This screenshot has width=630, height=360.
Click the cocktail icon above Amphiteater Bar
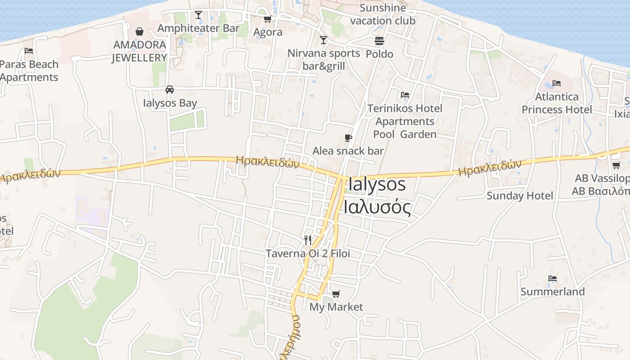coord(198,15)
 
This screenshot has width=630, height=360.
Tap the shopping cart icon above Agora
coord(267,19)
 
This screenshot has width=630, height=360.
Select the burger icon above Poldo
coord(379,41)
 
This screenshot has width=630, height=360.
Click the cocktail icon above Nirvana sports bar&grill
coord(323,40)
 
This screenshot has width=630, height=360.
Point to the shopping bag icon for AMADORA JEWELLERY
coord(139,31)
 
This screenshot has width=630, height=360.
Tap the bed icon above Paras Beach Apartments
coord(29,51)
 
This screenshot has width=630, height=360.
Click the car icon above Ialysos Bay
coord(170,90)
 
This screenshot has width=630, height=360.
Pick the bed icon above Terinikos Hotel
coord(405,95)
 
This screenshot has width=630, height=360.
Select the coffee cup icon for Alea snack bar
coord(348,138)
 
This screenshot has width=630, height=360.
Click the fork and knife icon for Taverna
coord(308,240)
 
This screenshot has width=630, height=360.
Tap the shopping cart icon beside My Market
coord(336,294)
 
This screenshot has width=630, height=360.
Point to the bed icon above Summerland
coord(553,279)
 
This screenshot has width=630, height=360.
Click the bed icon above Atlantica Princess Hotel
coord(557,83)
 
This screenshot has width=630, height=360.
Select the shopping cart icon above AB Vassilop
coord(616,165)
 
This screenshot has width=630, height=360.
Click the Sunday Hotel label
coord(520,196)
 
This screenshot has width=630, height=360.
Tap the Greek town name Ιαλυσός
coord(377,208)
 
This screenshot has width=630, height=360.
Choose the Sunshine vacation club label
coord(383,14)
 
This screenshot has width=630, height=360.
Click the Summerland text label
coord(553,292)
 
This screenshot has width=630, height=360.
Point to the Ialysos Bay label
coord(170,103)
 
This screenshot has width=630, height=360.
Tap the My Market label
coord(336,307)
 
